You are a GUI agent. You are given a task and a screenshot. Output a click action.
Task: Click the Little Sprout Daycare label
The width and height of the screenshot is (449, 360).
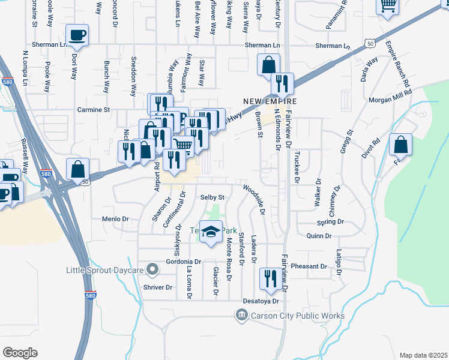click(x=105, y=271)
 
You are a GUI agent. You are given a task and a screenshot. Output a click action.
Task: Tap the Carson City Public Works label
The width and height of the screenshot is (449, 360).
click(x=291, y=316)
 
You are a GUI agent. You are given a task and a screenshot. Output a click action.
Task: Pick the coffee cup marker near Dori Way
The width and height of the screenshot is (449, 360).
click(x=77, y=37)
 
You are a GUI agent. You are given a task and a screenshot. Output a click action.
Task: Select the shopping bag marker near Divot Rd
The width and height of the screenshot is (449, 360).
click(x=400, y=146)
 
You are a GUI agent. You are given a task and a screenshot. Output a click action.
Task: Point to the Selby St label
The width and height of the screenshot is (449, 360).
click(x=212, y=197)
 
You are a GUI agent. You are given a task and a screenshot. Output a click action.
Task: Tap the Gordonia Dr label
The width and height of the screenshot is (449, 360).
click(x=184, y=262)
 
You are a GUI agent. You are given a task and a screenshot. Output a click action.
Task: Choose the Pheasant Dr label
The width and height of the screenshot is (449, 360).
click(x=308, y=266)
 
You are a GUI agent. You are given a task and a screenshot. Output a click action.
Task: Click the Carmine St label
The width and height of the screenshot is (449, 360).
click(x=94, y=110)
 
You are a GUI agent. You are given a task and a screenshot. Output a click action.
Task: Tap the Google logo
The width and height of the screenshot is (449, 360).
click(x=20, y=353)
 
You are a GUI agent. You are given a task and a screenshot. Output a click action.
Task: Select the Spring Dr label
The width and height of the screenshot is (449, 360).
click(x=330, y=222)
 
